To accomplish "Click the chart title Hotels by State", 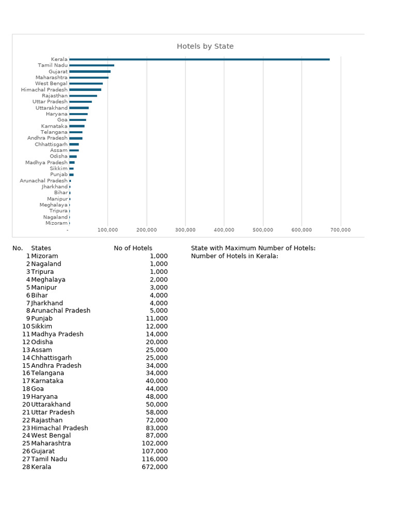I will (x=205, y=46).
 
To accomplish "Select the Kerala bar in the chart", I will (x=199, y=59).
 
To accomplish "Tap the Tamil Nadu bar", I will (x=91, y=66).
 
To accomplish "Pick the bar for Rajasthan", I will (x=83, y=96).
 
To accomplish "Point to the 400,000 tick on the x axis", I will (x=224, y=230).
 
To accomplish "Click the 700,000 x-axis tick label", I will (x=340, y=230).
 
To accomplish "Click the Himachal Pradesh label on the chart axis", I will (x=44, y=90).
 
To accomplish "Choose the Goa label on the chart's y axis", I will (x=62, y=120).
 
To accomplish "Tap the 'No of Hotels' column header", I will (x=133, y=248).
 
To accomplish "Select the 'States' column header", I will (x=41, y=248).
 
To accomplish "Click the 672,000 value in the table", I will (x=155, y=467).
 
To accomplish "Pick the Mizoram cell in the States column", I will (x=44, y=256).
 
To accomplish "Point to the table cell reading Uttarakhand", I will (x=51, y=404).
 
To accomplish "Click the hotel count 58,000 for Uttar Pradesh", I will (x=157, y=412).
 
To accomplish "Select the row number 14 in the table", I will (x=26, y=357).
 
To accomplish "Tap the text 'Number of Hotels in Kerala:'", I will (x=234, y=256).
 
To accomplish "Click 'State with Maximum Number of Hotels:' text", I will (x=253, y=248).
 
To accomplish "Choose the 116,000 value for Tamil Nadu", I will (x=155, y=459).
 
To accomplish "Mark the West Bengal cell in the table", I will (x=51, y=435).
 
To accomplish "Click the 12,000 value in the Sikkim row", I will (x=157, y=326).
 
